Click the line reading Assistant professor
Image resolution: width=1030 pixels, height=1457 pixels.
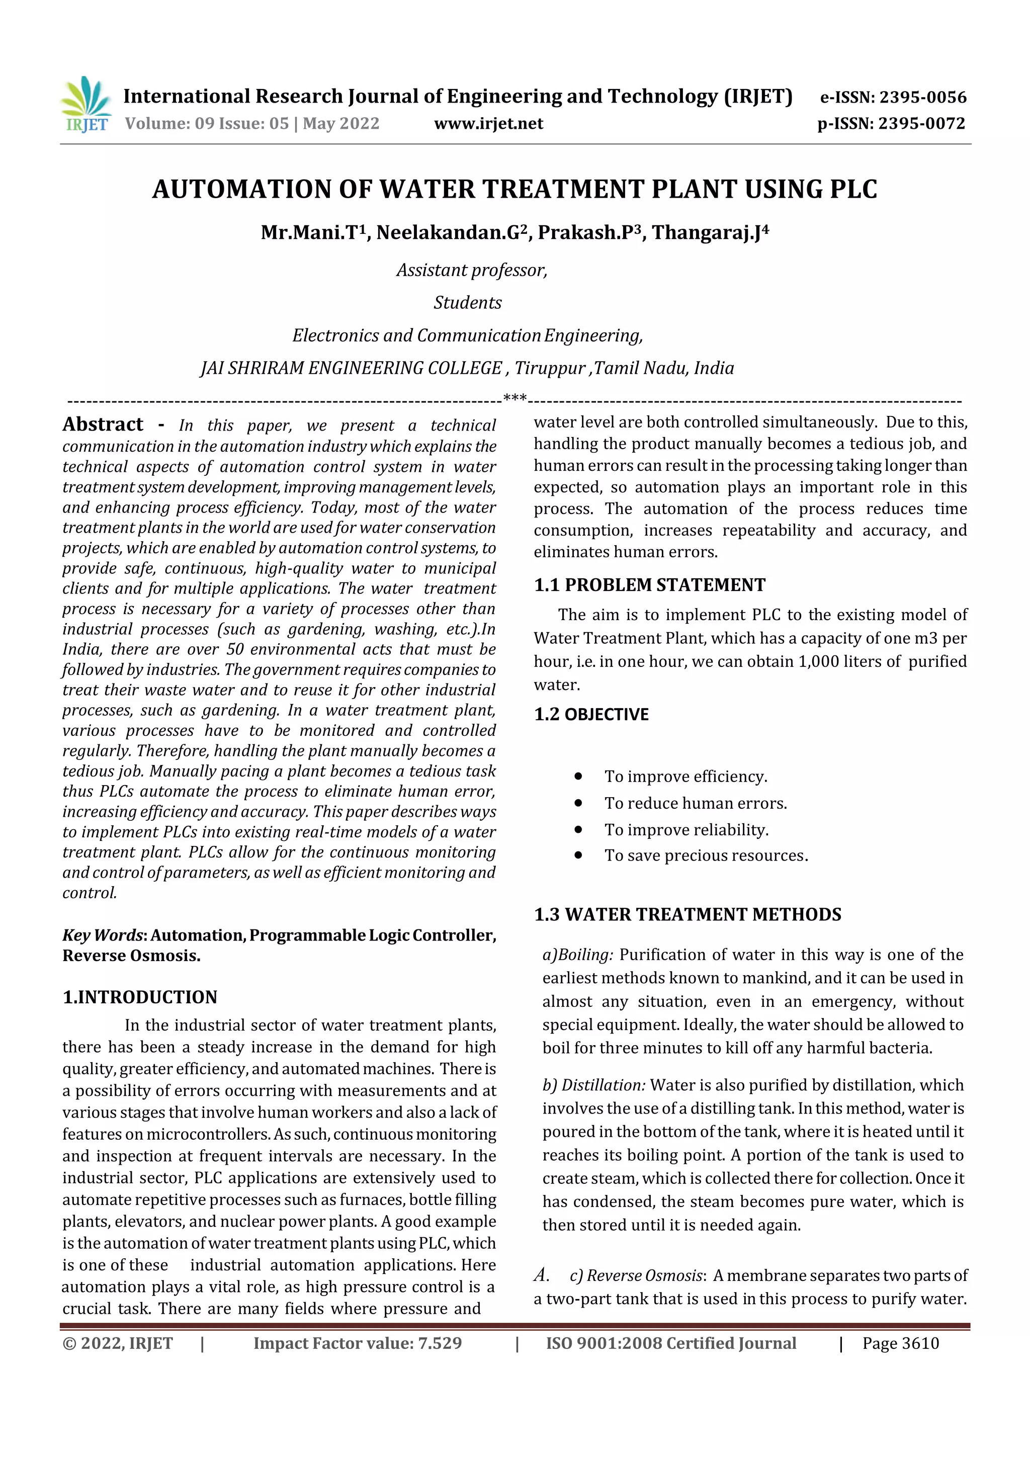472,271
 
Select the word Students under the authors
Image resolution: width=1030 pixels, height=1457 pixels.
468,303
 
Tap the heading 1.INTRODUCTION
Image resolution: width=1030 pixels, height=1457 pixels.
140,997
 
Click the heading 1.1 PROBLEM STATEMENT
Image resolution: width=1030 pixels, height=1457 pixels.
649,585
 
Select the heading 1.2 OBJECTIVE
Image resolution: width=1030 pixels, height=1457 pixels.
591,715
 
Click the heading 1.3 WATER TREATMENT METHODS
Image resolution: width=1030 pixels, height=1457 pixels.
688,914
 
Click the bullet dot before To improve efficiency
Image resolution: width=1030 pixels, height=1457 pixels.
578,776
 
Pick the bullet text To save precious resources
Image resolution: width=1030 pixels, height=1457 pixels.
706,855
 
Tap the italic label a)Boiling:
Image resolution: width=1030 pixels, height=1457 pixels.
577,955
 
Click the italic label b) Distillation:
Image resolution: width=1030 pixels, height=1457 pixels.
593,1085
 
